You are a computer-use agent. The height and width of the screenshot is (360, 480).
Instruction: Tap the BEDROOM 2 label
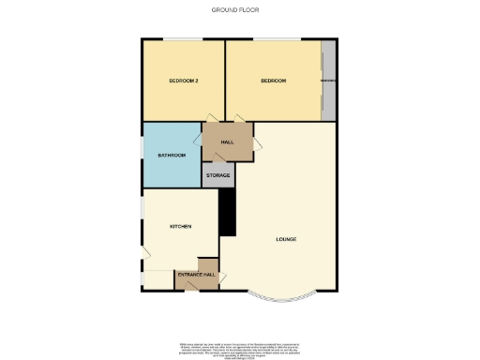coord(183,82)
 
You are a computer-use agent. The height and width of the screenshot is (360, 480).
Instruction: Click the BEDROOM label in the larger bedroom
coord(273,82)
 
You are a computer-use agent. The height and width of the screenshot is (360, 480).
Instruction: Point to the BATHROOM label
coord(172,155)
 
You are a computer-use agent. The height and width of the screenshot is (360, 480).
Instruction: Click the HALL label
coord(227,142)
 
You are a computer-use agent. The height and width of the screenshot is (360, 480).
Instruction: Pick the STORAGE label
coord(218,175)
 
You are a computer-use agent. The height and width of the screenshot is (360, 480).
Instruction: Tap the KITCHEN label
coord(180,227)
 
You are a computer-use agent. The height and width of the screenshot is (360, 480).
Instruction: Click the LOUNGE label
coord(286,239)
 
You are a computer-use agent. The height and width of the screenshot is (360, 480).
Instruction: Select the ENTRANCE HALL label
coord(196,275)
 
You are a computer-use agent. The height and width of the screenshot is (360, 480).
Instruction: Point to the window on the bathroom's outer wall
coord(142,155)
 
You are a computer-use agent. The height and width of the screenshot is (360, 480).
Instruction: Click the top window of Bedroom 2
coord(183,39)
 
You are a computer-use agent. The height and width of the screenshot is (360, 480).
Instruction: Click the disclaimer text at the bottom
coord(240,349)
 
